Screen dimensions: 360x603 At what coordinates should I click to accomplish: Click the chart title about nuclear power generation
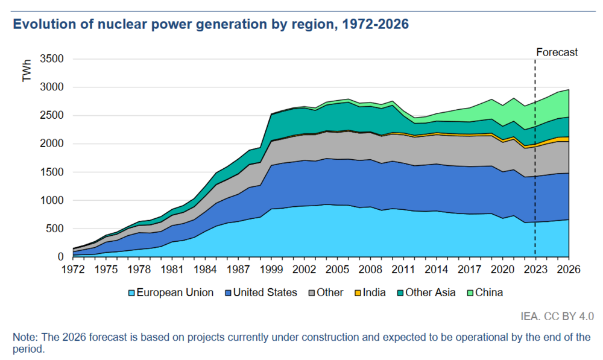coord(211,25)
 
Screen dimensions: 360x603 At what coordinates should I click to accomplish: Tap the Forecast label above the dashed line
coord(557,52)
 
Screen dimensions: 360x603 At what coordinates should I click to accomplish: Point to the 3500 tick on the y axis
coord(51,59)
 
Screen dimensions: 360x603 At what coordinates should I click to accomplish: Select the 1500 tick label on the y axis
coord(51,172)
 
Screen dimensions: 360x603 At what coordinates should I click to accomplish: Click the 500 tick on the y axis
coord(54,229)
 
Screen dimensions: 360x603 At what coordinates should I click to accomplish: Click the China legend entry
coord(488,292)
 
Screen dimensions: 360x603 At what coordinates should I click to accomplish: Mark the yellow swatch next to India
coord(357,293)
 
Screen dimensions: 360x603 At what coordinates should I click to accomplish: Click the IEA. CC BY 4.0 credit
coord(558,315)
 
